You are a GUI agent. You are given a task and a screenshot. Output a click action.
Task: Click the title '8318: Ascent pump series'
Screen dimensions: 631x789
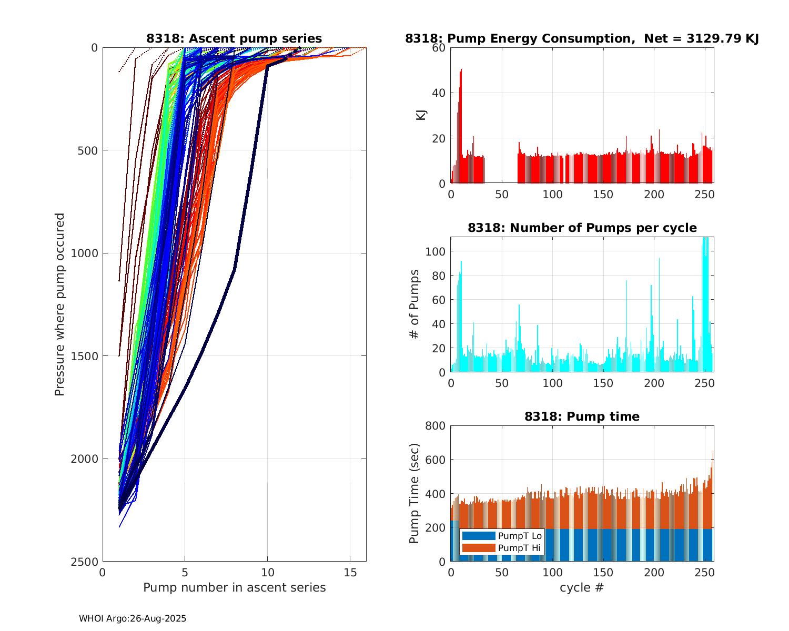tap(234, 38)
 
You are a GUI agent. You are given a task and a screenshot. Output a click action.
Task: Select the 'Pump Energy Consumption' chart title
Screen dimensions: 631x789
tap(582, 38)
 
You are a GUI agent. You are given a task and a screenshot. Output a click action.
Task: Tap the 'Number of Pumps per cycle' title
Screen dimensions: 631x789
tap(582, 228)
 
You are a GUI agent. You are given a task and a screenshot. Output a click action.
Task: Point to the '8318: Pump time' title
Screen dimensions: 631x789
tap(582, 416)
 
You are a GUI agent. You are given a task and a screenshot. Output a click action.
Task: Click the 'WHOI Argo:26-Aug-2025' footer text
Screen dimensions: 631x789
tap(133, 618)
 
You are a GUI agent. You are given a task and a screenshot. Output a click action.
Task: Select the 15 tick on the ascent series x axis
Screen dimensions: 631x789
tap(350, 572)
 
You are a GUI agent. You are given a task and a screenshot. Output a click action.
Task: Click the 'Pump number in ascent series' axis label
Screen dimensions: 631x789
tap(234, 587)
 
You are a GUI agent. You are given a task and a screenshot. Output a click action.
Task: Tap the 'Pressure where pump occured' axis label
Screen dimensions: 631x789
tap(59, 304)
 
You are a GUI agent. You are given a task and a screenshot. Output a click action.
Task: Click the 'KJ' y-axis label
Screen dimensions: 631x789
tap(421, 115)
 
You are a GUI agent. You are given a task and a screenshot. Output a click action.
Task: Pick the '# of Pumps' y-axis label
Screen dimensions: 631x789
tap(414, 304)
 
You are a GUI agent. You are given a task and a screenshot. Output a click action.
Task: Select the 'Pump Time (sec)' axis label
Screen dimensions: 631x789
tap(414, 493)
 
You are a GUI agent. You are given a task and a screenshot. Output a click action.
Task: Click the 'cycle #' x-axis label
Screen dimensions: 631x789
tap(582, 587)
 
